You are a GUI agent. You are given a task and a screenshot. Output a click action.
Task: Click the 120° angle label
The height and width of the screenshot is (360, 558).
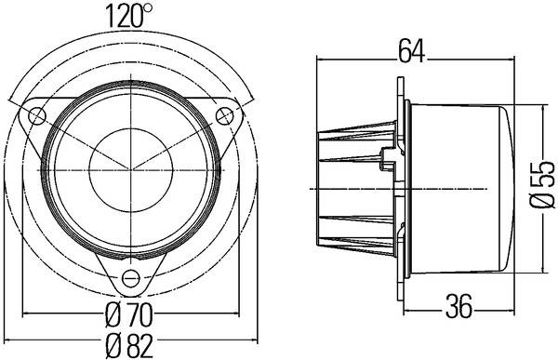[x=130, y=16]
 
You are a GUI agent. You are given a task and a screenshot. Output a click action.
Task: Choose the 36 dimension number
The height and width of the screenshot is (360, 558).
[x=458, y=304]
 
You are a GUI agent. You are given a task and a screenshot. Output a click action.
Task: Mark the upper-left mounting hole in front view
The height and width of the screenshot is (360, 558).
[x=36, y=115]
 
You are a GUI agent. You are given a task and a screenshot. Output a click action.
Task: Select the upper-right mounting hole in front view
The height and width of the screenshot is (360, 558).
[x=224, y=115]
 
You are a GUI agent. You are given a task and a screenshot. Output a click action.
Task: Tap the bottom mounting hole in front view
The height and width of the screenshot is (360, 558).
[x=130, y=276]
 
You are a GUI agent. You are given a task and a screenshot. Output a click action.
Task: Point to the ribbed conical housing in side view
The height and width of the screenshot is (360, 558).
[x=358, y=186]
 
